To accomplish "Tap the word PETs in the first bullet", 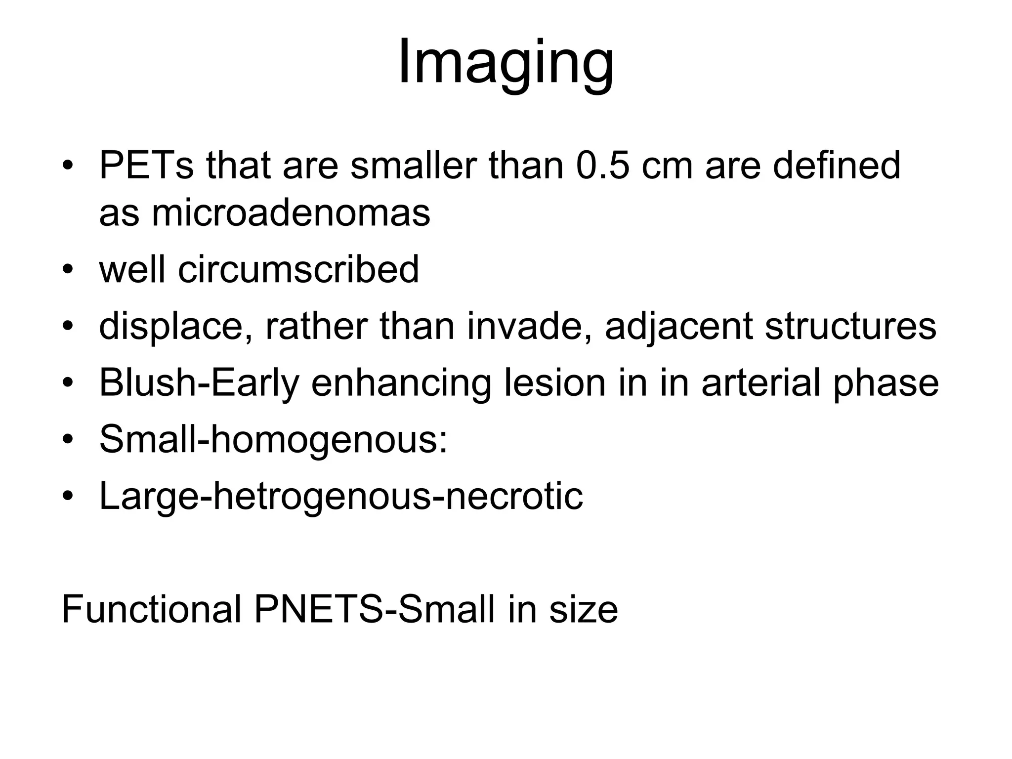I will click(x=146, y=166).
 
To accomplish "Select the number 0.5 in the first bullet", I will click(x=602, y=166).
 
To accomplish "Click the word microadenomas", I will click(x=291, y=213).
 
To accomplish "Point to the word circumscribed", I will click(x=298, y=269).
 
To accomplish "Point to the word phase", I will click(x=885, y=383).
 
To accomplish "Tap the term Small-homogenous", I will click(x=273, y=439).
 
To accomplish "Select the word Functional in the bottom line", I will click(x=151, y=609).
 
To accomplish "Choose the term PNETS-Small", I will click(x=374, y=609).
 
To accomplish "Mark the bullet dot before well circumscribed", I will click(x=68, y=270).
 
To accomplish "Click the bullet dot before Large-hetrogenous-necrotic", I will click(x=68, y=497).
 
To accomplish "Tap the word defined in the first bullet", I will click(x=836, y=166).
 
